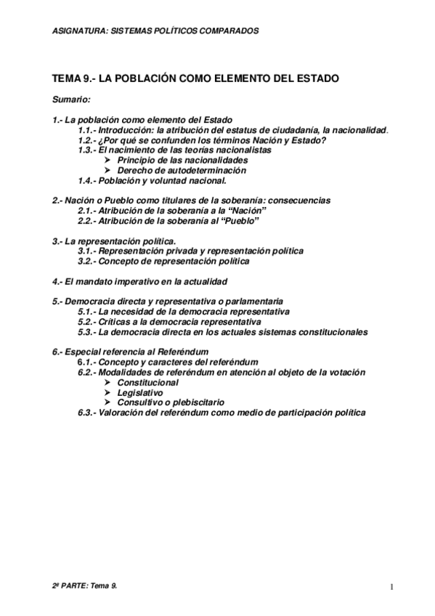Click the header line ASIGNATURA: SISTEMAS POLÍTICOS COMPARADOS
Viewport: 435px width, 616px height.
pos(155,31)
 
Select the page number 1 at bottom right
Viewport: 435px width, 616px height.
pos(391,587)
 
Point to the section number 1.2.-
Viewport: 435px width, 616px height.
pos(89,139)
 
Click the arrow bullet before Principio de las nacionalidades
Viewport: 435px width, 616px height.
pos(108,159)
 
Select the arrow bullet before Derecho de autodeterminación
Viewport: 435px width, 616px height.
pos(108,169)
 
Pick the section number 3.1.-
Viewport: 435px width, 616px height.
pos(88,251)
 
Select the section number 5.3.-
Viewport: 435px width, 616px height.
pos(88,332)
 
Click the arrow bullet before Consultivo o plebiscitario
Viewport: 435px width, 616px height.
pos(108,402)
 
